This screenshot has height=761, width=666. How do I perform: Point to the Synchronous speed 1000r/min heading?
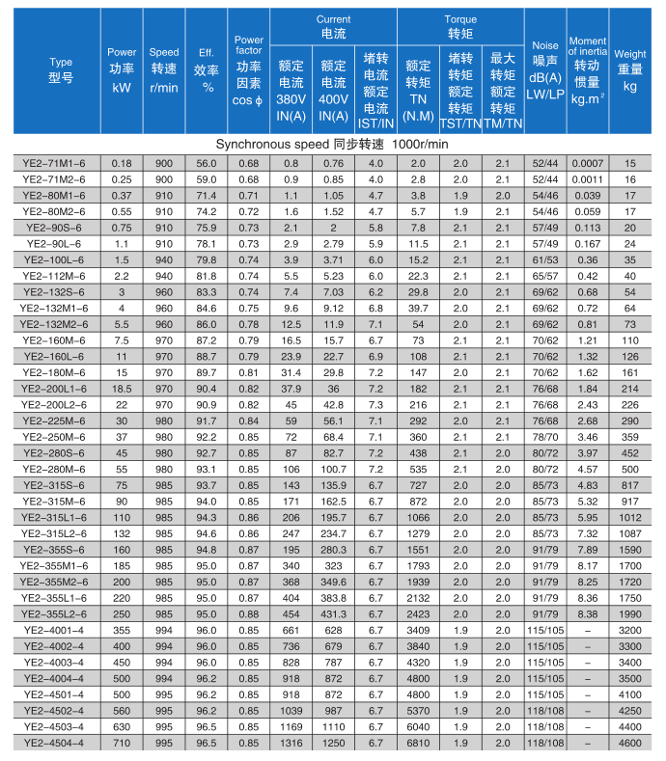click(333, 144)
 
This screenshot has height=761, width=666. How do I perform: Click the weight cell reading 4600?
click(630, 742)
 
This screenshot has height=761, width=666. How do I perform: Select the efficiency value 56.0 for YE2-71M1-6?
click(207, 163)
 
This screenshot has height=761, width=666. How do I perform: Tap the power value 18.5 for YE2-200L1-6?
click(122, 388)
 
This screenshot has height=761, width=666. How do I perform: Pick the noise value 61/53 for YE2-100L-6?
click(545, 259)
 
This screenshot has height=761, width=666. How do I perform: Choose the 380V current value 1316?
click(291, 742)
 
